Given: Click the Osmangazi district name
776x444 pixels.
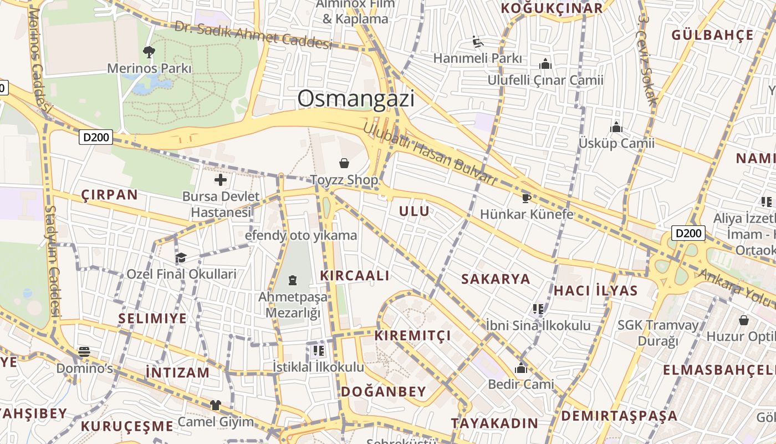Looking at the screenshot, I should tap(356, 99).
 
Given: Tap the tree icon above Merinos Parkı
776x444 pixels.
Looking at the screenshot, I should tap(149, 52).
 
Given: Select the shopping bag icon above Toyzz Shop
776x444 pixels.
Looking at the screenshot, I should tap(344, 163).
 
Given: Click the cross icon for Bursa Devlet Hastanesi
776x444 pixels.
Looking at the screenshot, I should tap(221, 180).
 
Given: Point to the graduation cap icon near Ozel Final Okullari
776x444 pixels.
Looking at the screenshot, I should tap(181, 258).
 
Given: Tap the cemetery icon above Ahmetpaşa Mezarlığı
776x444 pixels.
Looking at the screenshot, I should tap(293, 281).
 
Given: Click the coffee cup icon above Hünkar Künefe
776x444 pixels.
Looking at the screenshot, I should tap(526, 198).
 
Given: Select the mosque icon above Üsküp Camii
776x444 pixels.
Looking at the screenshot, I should tap(616, 127).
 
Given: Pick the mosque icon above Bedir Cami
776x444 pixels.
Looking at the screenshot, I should tap(520, 368).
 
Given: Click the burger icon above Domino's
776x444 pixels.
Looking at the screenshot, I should tap(84, 352).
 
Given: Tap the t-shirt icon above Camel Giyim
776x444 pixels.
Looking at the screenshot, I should tap(215, 406).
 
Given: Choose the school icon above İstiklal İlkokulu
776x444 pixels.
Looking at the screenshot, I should tap(318, 351).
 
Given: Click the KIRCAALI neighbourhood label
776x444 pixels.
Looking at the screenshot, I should tap(355, 275).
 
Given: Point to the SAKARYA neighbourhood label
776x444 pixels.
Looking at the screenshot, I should tap(496, 279).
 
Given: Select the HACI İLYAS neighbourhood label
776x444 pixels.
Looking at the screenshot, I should tap(596, 290).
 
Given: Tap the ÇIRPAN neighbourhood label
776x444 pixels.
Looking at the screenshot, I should tap(109, 195).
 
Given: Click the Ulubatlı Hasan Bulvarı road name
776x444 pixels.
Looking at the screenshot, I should tap(430, 154).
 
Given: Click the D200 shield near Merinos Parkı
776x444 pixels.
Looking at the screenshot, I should tap(96, 137).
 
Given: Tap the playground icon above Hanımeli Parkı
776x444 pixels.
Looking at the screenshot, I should tap(477, 42).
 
